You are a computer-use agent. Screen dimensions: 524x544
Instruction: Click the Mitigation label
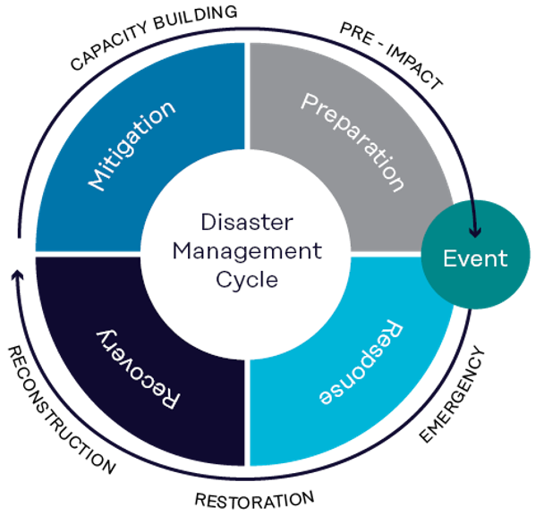131,146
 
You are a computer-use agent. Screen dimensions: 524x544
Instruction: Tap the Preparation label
353,141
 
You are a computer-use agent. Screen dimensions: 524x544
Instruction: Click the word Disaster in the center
247,222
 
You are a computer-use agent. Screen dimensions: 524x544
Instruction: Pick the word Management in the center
247,250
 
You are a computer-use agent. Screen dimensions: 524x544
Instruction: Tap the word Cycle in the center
247,279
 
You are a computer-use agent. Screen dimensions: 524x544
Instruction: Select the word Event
475,259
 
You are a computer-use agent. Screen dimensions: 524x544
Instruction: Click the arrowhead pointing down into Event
475,231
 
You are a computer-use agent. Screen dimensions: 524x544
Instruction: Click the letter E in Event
450,259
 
